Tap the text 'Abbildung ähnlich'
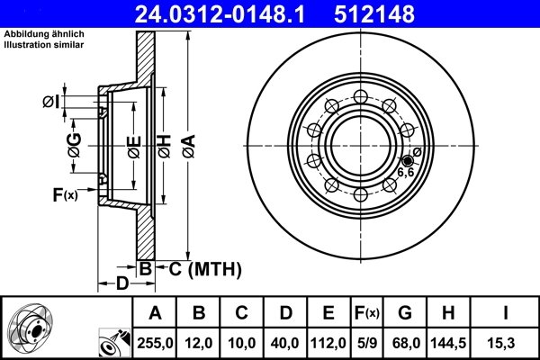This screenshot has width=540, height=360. tap(42, 34)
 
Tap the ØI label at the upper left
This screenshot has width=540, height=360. tap(50, 102)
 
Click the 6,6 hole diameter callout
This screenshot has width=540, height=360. tap(406, 171)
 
